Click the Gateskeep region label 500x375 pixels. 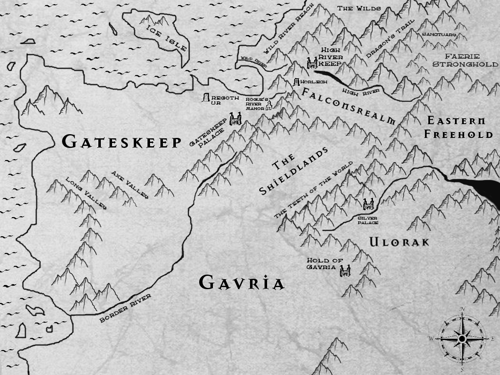point(121,142)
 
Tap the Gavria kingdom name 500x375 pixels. point(241,283)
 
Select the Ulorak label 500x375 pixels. point(399,242)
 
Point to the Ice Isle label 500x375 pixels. point(167,37)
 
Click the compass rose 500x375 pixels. point(462,339)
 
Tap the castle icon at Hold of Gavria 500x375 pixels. point(345,271)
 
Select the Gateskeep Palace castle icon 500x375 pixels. point(235,119)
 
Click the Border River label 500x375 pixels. point(125,309)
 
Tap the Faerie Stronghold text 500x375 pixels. point(465,60)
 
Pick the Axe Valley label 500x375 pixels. point(130,185)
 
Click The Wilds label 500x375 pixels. point(353,8)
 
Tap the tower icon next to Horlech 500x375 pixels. point(297,82)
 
